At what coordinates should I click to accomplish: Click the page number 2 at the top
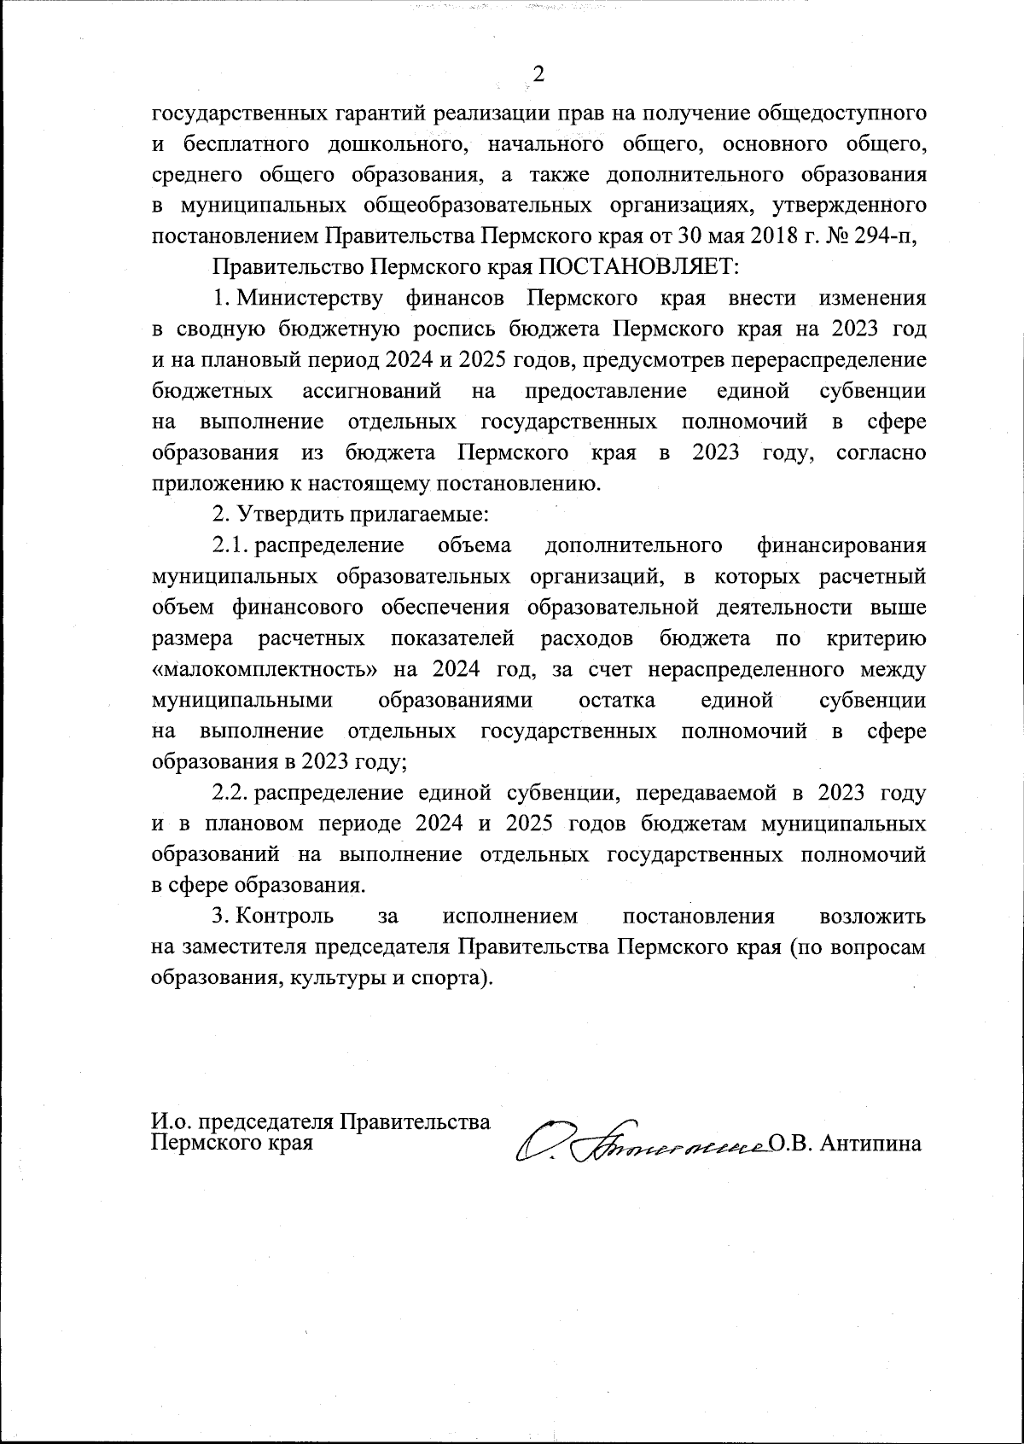pos(538,75)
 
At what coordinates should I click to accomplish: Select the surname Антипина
pos(870,1144)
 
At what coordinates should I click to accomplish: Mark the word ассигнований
pos(372,391)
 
